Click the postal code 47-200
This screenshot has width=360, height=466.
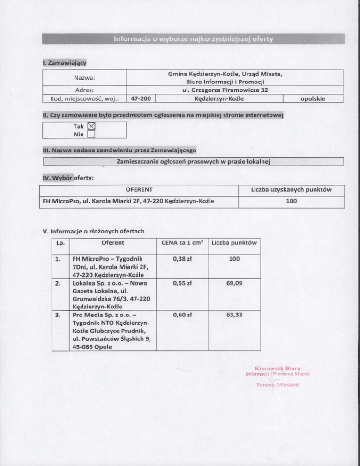(142, 98)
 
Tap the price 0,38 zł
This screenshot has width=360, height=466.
(181, 259)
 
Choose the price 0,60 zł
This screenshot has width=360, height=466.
(181, 314)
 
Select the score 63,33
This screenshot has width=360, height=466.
(233, 314)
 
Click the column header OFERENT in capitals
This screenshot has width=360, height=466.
(139, 189)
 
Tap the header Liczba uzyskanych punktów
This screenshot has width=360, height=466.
(292, 189)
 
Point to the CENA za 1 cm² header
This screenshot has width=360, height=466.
(181, 242)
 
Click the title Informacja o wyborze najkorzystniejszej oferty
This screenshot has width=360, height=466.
(193, 38)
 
